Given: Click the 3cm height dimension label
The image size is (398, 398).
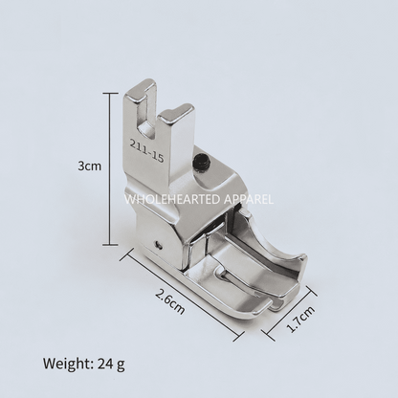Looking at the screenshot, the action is pyautogui.click(x=90, y=166).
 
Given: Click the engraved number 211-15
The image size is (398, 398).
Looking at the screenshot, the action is pyautogui.click(x=146, y=149).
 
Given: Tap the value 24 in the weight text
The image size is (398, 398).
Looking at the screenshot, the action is pyautogui.click(x=105, y=363).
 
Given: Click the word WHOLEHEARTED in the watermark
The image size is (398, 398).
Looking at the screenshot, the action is pyautogui.click(x=172, y=200).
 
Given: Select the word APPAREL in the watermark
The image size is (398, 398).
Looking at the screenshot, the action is pyautogui.click(x=249, y=200).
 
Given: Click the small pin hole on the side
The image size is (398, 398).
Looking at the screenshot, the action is pyautogui.click(x=158, y=244).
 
